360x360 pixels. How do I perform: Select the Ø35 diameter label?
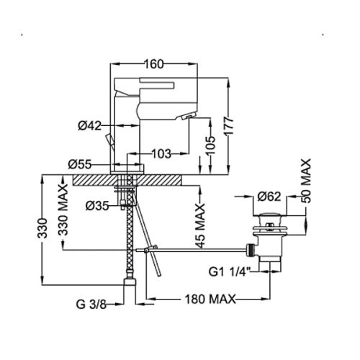[x=97, y=204]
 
